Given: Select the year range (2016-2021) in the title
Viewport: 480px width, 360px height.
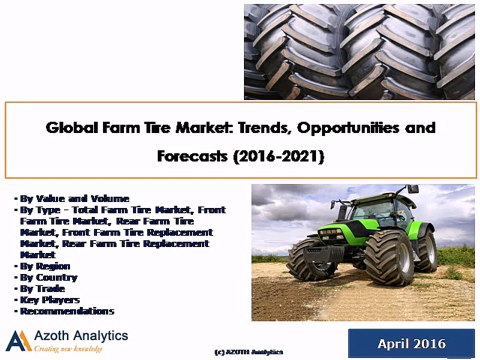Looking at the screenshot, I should click(279, 156).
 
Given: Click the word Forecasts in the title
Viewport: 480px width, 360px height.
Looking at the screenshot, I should click(191, 156).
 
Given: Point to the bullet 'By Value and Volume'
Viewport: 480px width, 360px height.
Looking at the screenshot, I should click(74, 198).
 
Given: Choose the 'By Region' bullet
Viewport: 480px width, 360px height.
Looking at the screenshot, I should click(45, 266).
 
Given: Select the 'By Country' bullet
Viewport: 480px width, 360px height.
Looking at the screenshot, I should click(48, 277).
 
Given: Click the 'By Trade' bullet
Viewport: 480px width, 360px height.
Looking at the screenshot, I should click(42, 288).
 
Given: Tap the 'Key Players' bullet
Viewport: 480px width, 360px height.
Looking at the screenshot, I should click(49, 300).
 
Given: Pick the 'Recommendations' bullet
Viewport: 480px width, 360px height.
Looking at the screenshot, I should click(67, 311).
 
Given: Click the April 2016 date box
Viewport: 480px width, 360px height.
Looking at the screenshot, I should click(411, 343).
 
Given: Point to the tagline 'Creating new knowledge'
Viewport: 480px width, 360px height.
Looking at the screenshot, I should click(68, 348).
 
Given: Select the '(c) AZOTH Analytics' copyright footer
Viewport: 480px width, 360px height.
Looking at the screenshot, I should click(248, 352).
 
